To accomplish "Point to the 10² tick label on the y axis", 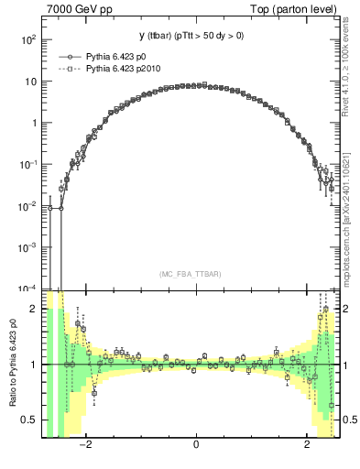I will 28,40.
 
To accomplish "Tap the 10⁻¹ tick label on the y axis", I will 28,164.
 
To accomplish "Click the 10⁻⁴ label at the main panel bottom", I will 28,287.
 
